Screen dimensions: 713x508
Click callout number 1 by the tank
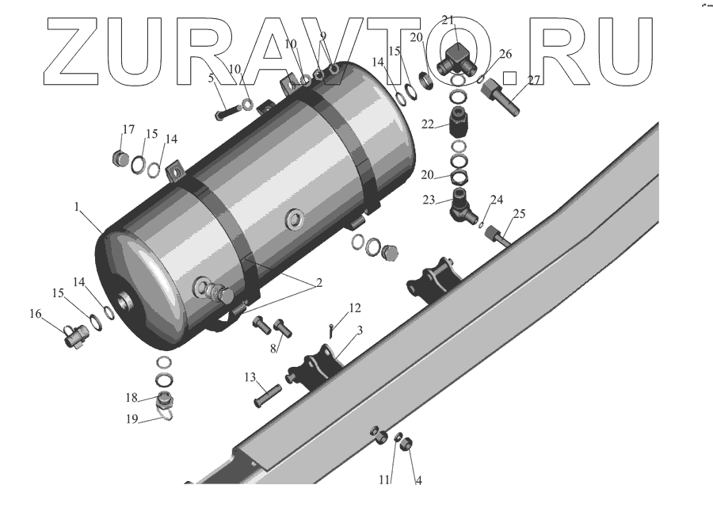(x=78, y=207)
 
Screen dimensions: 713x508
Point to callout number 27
(x=534, y=79)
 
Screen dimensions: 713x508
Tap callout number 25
(x=519, y=214)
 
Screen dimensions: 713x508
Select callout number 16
(x=35, y=314)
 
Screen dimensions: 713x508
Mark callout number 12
(x=354, y=307)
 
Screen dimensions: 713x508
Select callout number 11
(x=383, y=479)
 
